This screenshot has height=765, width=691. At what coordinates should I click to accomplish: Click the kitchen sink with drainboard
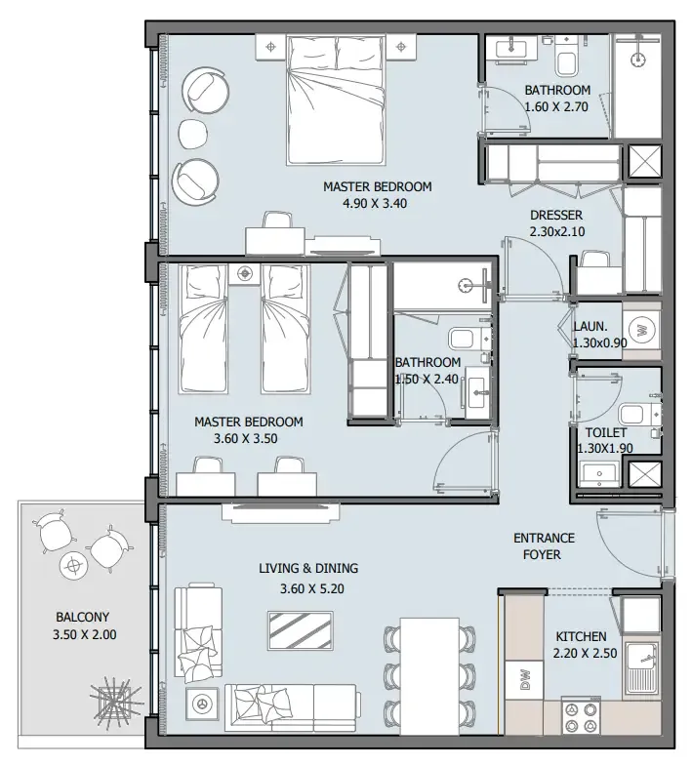pos(642,668)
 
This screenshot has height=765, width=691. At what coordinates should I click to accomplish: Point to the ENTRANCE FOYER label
pos(544,546)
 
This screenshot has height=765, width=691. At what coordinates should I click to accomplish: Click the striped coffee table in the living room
pos(302,630)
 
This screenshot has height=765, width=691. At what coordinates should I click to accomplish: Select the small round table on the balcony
pos(73,566)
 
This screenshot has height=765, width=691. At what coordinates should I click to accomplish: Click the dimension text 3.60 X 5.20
pos(312,589)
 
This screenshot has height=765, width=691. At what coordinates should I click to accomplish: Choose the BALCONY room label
pos(82,617)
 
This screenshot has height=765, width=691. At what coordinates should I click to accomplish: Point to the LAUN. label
pos(590,326)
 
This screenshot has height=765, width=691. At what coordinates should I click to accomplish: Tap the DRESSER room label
pos(556,215)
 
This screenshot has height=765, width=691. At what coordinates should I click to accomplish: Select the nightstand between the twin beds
pos(244,273)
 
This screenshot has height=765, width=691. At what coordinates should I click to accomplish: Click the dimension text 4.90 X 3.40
pos(375,203)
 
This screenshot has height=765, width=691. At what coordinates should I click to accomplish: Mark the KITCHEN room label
pos(582,636)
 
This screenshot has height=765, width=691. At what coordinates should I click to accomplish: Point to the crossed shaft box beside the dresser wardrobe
pos(644,161)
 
